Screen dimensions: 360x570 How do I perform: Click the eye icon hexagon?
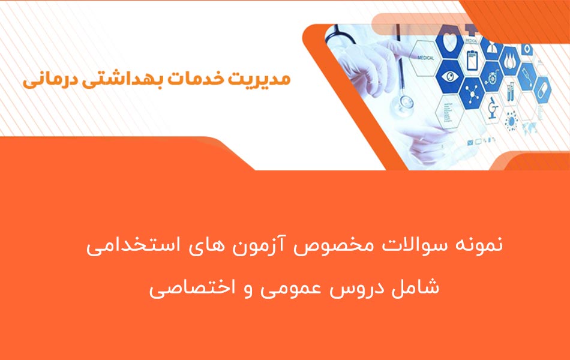(450, 77)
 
